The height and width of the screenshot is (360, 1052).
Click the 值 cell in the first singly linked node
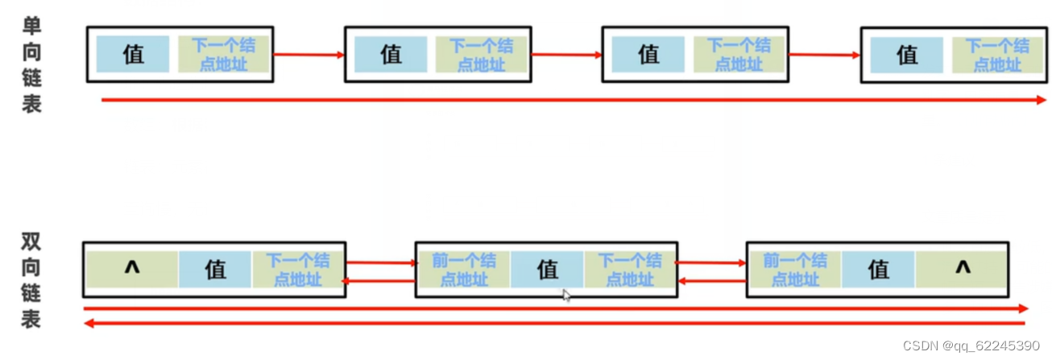[133, 54]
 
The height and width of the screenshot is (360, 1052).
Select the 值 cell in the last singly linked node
[907, 55]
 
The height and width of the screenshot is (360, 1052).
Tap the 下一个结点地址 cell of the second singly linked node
[481, 55]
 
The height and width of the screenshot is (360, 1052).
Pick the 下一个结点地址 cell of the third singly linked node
[739, 55]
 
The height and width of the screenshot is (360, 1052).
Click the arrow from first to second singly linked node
[309, 55]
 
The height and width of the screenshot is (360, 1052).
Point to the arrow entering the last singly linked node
[825, 55]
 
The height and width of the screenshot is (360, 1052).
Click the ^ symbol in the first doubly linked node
[132, 269]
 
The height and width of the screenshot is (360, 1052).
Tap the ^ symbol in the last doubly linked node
[963, 269]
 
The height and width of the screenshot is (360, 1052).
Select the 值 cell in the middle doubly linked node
[547, 270]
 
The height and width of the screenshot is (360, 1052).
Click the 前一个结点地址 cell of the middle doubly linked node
[464, 270]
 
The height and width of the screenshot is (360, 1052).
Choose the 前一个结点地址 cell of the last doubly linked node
[795, 270]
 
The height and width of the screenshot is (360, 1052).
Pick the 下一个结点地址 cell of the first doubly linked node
[298, 270]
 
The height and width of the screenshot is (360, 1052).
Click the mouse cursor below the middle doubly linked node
[566, 296]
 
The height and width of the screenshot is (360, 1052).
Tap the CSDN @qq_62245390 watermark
[971, 346]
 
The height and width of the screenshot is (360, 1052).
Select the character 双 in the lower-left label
[31, 242]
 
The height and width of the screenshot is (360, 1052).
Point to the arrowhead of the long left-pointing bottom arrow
[89, 323]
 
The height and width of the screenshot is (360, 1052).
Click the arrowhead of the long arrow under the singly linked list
[1040, 100]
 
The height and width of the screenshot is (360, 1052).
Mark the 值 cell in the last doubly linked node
[878, 270]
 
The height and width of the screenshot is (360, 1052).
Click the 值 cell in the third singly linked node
[648, 55]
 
